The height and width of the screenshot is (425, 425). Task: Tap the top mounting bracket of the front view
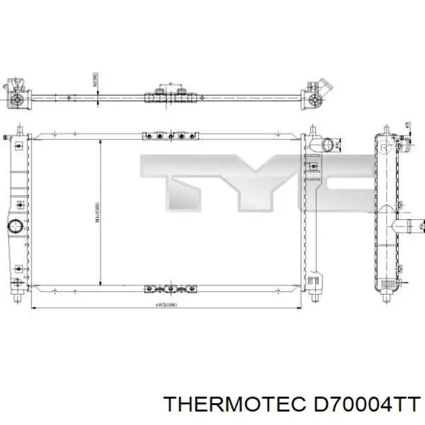click(170, 137)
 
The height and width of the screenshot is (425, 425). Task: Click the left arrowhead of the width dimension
click(33, 308)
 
